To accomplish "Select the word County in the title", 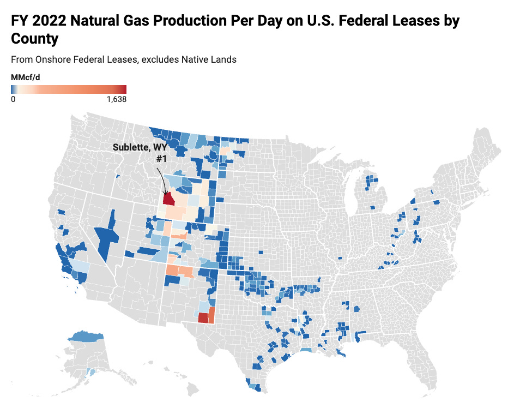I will [x=34, y=39].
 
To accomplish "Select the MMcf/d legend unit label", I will [x=25, y=77].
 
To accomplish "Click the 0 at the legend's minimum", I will [x=13, y=100].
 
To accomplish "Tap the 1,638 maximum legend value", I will [x=116, y=100].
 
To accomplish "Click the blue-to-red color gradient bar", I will [x=68, y=89].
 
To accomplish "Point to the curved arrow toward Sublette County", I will [x=162, y=179].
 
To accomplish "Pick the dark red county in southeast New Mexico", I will [x=203, y=318].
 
